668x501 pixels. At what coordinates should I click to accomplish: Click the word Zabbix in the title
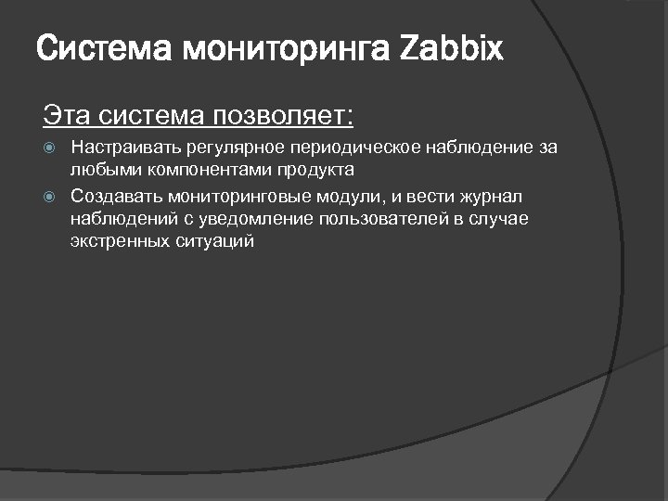[453, 49]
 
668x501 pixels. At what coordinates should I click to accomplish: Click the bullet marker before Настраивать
[52, 148]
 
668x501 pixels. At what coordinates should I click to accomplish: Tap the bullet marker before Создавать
[52, 197]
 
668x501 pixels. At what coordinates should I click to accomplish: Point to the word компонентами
[180, 171]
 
